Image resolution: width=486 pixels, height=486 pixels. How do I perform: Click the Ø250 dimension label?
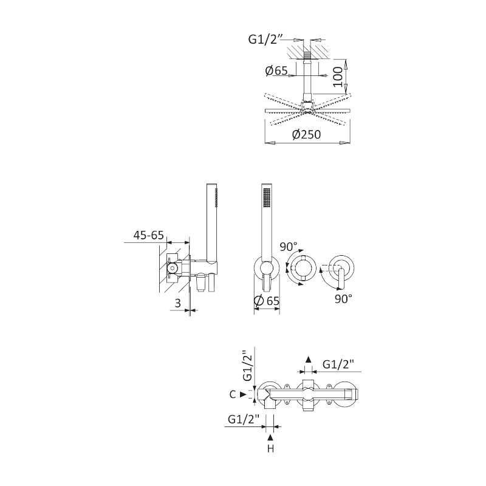306,134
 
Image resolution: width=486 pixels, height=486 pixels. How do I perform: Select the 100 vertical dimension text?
338,77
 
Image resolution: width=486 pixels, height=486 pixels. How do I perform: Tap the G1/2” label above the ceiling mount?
266,39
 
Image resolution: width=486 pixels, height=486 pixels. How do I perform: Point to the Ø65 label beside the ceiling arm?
276,70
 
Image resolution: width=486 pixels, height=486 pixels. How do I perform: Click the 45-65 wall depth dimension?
148,235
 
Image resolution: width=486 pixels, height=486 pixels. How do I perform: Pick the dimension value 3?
177,303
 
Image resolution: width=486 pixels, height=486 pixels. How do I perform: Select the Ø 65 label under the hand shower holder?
267,301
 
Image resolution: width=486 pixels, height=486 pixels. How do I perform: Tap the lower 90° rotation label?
343,299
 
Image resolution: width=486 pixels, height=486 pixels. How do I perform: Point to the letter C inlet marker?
233,394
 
